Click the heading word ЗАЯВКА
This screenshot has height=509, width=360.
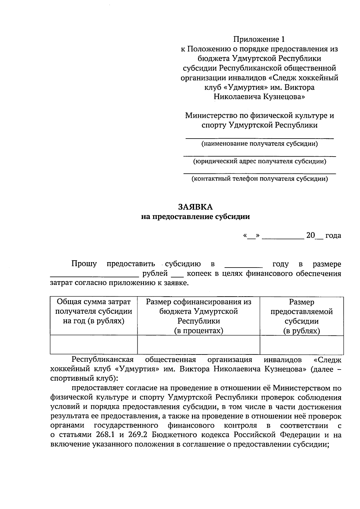[x=195, y=207]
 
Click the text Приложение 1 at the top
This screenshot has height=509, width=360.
[x=259, y=39]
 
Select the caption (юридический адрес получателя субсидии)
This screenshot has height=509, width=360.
[x=259, y=161]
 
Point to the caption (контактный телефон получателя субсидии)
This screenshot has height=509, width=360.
[x=259, y=179]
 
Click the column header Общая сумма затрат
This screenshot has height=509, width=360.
[x=94, y=302]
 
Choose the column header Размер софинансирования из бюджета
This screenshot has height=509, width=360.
[x=199, y=306]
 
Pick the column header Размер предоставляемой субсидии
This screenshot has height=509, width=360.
[x=301, y=311]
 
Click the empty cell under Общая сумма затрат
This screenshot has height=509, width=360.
[x=94, y=345]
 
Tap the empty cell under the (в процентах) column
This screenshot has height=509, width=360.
[x=199, y=345]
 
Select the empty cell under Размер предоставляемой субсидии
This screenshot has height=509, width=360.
[x=301, y=345]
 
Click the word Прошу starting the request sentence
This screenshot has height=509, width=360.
[x=84, y=264]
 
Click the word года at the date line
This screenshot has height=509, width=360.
[x=333, y=235]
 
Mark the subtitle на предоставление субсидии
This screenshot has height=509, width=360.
[x=195, y=217]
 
